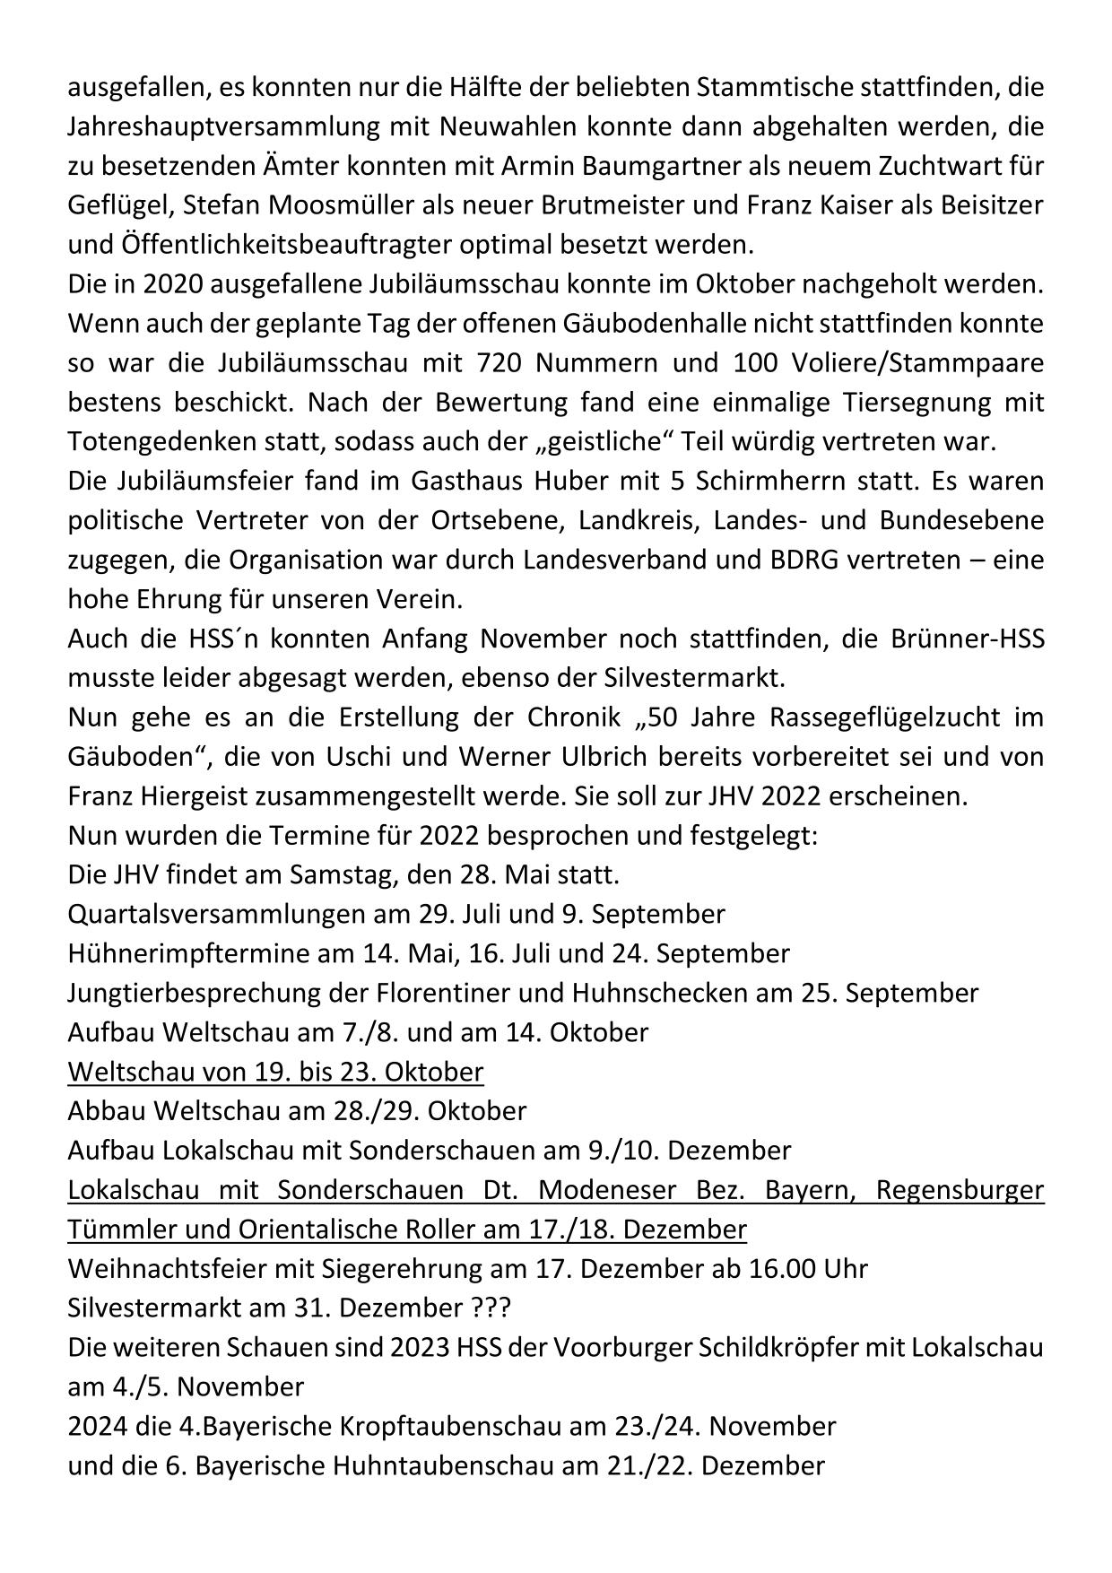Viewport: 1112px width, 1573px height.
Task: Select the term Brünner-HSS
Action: pyautogui.click(x=965, y=639)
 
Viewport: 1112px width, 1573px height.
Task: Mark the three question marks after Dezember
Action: pyautogui.click(x=490, y=1308)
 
